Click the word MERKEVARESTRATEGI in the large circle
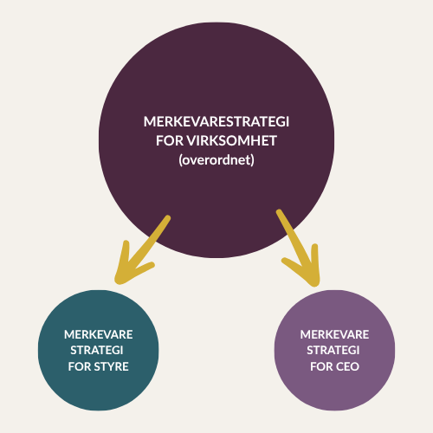click(216, 121)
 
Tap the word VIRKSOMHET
click(231, 141)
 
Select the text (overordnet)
click(216, 160)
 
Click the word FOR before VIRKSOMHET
click(170, 141)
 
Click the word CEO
click(347, 366)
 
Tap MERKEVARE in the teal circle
click(99, 334)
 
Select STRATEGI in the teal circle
click(97, 351)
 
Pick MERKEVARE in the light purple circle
click(334, 334)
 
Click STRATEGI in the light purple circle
click(333, 351)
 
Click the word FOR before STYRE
click(80, 366)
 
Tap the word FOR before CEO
click(321, 366)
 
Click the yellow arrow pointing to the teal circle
click(142, 250)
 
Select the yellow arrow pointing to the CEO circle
click(298, 248)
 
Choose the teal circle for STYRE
click(98, 351)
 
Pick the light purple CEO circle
click(334, 351)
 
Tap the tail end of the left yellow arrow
click(168, 217)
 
